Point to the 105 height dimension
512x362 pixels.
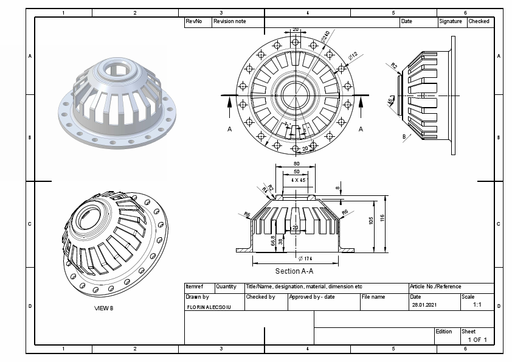371,221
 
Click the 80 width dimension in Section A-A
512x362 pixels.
296,163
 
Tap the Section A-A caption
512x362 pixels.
296,271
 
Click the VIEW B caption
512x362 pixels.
103,308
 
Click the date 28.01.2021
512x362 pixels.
424,305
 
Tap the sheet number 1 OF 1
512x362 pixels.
477,339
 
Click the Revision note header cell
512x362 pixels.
230,21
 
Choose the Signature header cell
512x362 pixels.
451,21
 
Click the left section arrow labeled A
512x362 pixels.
229,129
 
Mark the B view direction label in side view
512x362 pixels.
403,137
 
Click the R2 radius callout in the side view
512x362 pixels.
393,66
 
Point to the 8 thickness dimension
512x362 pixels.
337,189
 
